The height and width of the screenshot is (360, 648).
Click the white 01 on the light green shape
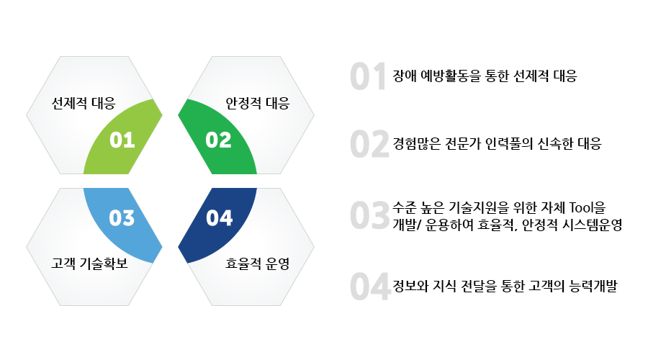[122, 140]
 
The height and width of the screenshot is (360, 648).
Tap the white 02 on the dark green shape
[219, 140]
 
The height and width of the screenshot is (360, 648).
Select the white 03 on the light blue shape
[122, 218]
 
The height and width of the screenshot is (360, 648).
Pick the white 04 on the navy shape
[220, 218]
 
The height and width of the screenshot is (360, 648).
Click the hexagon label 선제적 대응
[84, 103]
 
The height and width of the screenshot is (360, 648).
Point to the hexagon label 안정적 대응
[258, 103]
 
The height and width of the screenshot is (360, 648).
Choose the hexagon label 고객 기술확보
[89, 264]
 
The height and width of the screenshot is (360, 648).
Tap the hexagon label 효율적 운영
[258, 264]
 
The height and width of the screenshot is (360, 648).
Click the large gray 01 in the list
[368, 76]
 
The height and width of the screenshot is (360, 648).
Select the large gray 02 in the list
[369, 144]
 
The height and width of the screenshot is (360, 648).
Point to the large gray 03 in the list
[370, 215]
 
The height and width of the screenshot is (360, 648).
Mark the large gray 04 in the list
[370, 286]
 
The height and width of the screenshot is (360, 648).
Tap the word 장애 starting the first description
[405, 76]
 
